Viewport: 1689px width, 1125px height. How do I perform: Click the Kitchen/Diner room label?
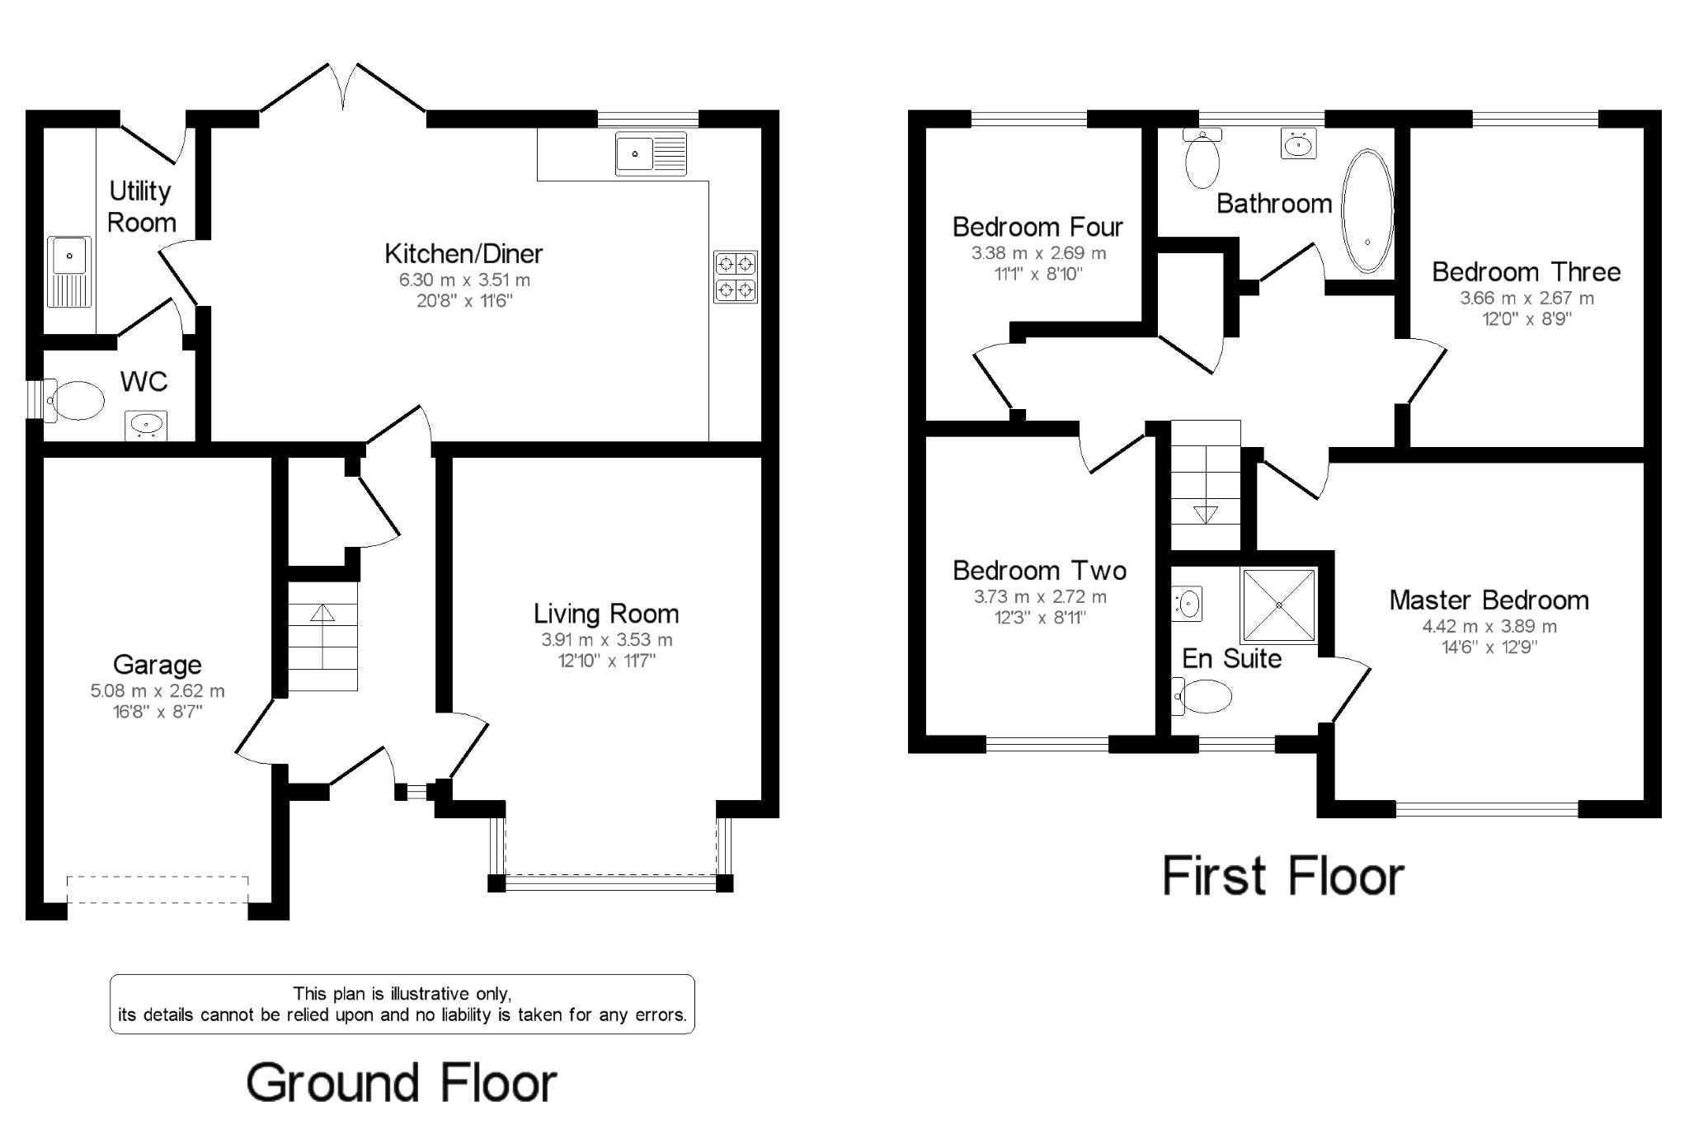[463, 254]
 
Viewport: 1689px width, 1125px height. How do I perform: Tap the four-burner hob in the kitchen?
[735, 277]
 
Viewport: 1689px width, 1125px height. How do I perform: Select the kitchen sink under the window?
[651, 153]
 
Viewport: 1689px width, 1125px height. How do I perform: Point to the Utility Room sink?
[69, 271]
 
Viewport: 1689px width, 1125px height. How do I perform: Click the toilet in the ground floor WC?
[76, 401]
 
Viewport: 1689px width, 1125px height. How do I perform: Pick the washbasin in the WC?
[146, 425]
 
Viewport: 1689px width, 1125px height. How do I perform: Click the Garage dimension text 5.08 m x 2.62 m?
[157, 691]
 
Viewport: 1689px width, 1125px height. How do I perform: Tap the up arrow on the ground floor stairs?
[322, 613]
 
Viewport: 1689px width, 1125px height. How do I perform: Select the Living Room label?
[606, 614]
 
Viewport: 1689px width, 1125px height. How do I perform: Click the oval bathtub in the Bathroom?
[1367, 211]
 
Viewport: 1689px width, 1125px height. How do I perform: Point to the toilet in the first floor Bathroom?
[1202, 161]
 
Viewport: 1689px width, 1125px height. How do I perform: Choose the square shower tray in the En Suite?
[1279, 605]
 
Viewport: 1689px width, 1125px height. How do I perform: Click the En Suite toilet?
[1205, 697]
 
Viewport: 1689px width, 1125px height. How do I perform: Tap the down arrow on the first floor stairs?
[1206, 513]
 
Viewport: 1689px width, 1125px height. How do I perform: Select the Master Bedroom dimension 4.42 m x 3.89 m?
[1489, 627]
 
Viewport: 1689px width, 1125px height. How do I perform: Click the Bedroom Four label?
[1037, 227]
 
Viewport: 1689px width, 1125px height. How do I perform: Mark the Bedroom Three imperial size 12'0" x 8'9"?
[1527, 319]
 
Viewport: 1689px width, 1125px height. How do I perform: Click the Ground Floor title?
[402, 1083]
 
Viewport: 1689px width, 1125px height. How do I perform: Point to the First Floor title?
[1282, 876]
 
